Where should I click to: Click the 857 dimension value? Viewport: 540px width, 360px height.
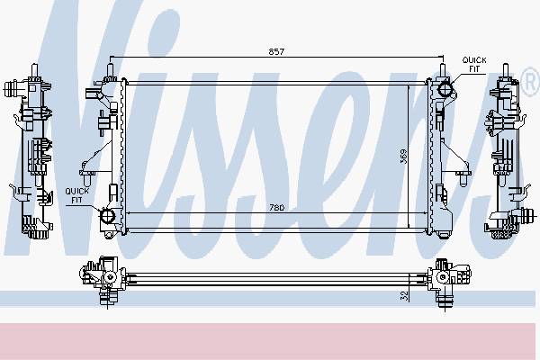click(276, 51)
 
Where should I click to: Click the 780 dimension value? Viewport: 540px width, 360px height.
click(276, 208)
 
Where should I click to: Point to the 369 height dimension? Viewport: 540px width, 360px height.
click(403, 157)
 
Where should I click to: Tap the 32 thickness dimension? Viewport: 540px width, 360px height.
click(404, 295)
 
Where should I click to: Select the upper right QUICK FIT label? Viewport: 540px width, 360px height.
click(474, 65)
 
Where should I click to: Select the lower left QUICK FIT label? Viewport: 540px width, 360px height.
click(77, 195)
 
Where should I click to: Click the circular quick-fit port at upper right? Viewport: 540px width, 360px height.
click(445, 89)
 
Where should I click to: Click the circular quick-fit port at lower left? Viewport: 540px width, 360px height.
click(107, 216)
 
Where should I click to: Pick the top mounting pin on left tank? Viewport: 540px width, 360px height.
click(110, 70)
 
